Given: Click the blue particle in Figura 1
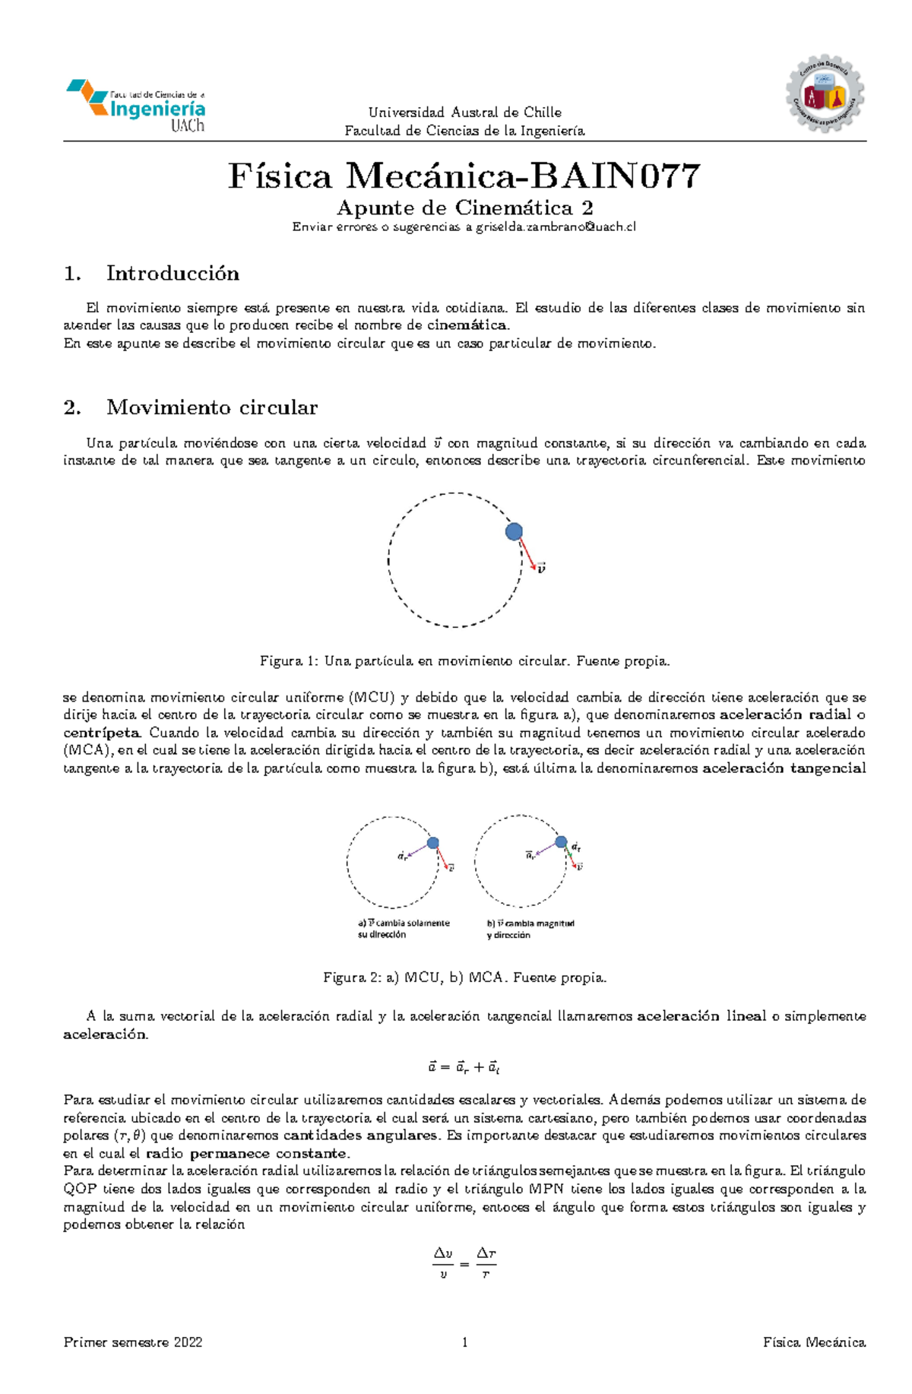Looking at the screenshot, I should click(x=514, y=531).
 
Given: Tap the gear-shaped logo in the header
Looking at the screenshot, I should click(x=825, y=94).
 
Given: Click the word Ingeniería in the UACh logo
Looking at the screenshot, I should click(x=157, y=109).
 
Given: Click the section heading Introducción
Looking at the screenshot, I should click(x=173, y=274).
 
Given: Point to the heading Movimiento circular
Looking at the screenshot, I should click(x=211, y=407).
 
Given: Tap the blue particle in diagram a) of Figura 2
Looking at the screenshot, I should click(x=432, y=842).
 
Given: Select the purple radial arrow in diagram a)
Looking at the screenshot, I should click(x=418, y=849).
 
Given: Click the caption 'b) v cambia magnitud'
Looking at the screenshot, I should click(x=530, y=923).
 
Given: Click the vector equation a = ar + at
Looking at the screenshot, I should click(x=464, y=1067).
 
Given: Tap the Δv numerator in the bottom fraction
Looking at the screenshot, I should click(x=443, y=1253).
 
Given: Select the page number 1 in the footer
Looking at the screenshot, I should click(x=464, y=1342).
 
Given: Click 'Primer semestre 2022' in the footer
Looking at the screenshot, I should click(x=133, y=1342).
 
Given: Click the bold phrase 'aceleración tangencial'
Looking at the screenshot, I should click(x=784, y=768).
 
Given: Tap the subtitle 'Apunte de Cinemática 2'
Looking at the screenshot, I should click(x=464, y=208).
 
